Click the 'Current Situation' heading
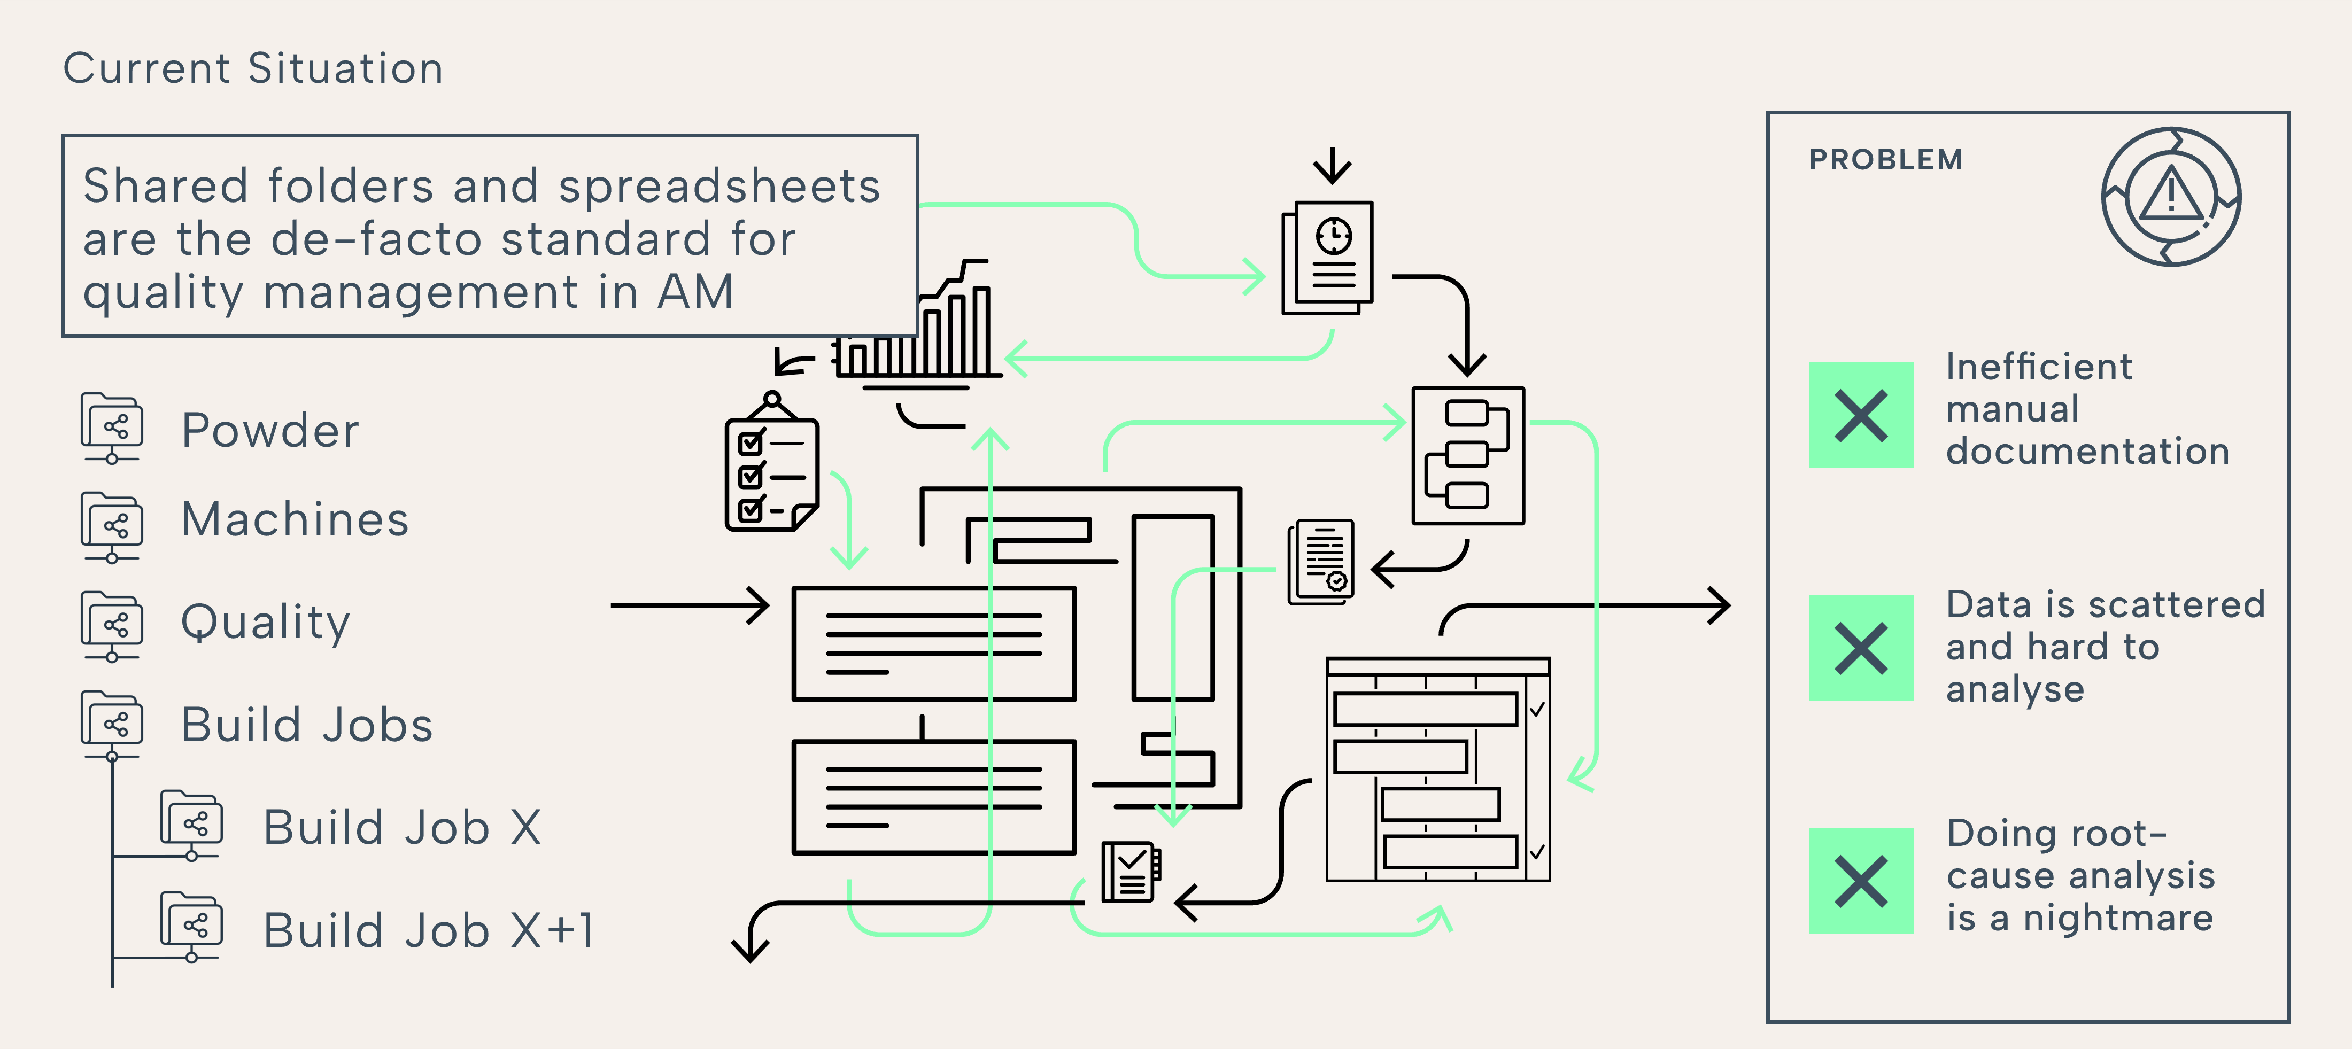[x=253, y=68]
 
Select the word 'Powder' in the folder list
[x=270, y=430]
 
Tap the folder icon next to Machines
[x=111, y=525]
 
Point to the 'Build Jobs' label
[x=307, y=725]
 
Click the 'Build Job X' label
[x=402, y=827]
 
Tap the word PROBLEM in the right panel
[x=1885, y=160]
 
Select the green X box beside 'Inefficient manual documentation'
[x=1861, y=415]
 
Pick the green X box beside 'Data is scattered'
[x=1861, y=648]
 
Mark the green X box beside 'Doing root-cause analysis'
[x=1861, y=881]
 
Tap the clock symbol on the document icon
[x=1334, y=236]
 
